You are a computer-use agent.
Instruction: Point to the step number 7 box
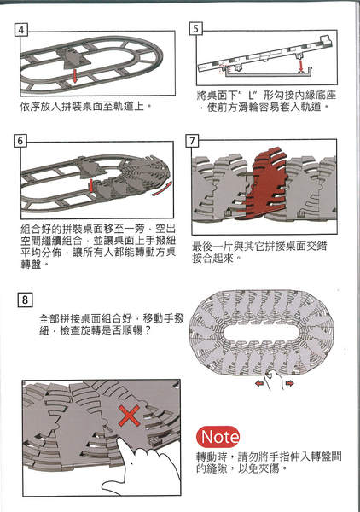pos(193,140)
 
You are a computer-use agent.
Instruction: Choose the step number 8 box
pos(27,300)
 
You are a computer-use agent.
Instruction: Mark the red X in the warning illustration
pos(128,418)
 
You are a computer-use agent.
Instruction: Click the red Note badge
pos(222,434)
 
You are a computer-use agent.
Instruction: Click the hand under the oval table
pos(274,381)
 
